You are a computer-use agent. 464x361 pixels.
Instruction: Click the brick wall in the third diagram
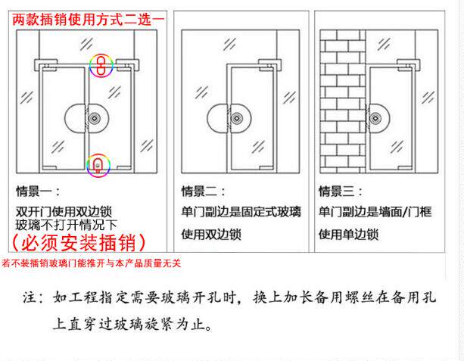click(341, 98)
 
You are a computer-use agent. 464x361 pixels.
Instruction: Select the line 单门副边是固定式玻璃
click(240, 213)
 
